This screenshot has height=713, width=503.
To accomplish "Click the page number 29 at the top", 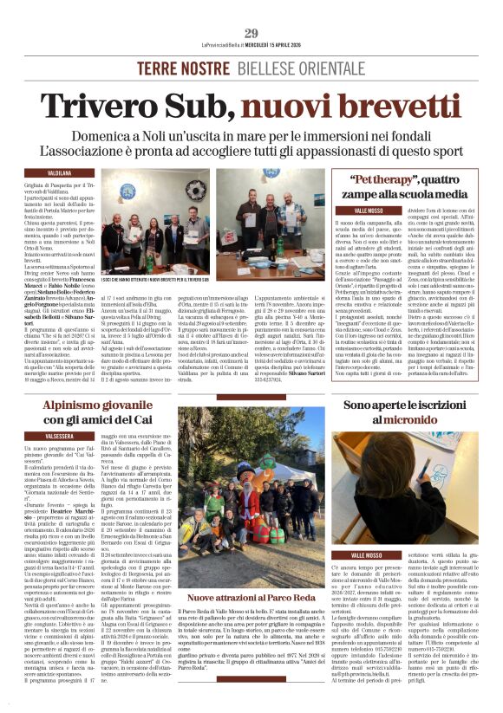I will click(x=251, y=34).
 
